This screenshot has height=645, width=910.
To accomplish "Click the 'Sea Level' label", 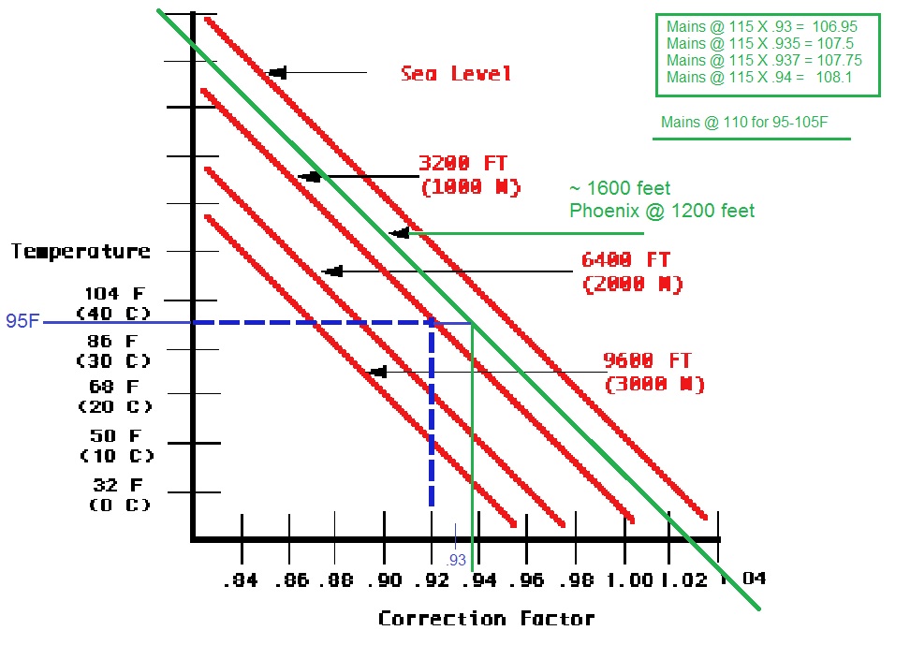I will [x=456, y=74].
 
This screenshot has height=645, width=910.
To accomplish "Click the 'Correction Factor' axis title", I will [x=486, y=619].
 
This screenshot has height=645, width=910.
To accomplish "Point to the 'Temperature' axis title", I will [x=81, y=251].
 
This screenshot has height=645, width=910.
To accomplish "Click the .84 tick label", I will [x=241, y=580].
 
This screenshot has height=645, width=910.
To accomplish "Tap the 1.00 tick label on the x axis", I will [x=627, y=580].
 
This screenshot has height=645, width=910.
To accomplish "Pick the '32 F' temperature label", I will [x=118, y=485].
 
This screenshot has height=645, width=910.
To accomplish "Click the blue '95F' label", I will [x=22, y=323].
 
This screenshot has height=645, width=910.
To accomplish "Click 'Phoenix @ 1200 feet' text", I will [x=662, y=211].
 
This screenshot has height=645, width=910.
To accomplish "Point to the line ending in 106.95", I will [x=758, y=27].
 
